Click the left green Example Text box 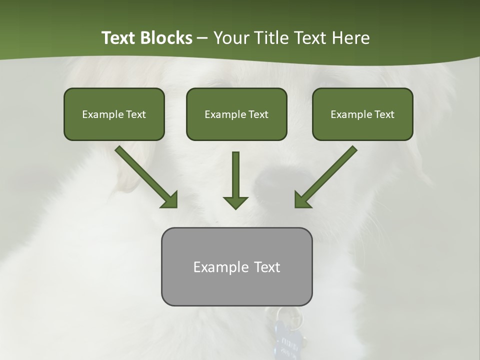pos(114,114)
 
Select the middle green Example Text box pos(236,114)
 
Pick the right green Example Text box pos(362,114)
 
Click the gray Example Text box pos(236,266)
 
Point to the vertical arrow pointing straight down pos(235,177)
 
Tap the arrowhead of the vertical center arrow pos(235,202)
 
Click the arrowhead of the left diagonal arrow pos(170,199)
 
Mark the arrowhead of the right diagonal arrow pos(302,199)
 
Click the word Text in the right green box pos(384,114)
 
